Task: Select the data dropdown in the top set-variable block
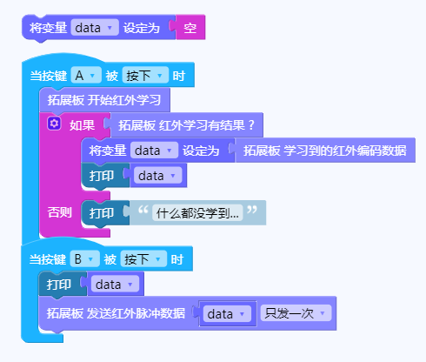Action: (x=95, y=28)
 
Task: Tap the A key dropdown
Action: (x=86, y=76)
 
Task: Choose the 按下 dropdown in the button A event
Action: (x=145, y=76)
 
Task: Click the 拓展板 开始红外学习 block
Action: (x=104, y=100)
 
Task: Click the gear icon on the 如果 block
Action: (x=54, y=124)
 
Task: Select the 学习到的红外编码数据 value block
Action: (x=323, y=151)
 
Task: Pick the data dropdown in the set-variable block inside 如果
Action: (x=154, y=151)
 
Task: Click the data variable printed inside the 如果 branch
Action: (x=157, y=176)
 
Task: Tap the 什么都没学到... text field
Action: (x=197, y=213)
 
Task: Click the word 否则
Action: (x=59, y=212)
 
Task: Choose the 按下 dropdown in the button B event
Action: (x=143, y=259)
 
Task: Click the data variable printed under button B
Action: (x=115, y=285)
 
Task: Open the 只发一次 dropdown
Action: (x=296, y=313)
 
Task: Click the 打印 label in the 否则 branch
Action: (x=102, y=213)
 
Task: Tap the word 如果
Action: (x=82, y=125)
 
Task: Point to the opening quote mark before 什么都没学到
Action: (x=143, y=210)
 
